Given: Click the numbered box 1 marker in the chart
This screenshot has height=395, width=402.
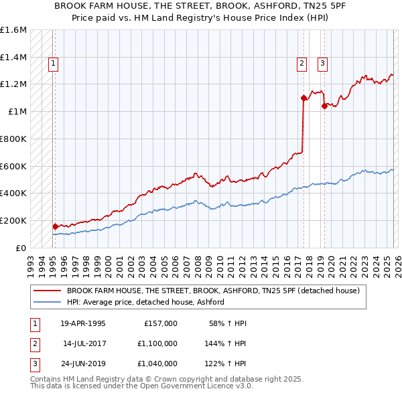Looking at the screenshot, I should (53, 64).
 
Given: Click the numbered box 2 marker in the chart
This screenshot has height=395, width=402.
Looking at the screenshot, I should (302, 64).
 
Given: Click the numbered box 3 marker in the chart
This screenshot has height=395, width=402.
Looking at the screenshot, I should (322, 64).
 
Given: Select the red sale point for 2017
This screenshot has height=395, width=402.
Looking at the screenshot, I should (304, 98).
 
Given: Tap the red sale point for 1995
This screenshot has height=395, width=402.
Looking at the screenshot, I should (55, 226).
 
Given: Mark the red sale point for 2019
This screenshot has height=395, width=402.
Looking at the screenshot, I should (324, 106).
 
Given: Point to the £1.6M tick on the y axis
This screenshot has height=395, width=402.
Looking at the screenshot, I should (13, 30).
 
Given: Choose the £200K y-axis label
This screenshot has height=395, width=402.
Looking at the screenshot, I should (13, 220).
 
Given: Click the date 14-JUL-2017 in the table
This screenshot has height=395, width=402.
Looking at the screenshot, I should (84, 343).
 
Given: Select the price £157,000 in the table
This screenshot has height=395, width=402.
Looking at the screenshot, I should (161, 323).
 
